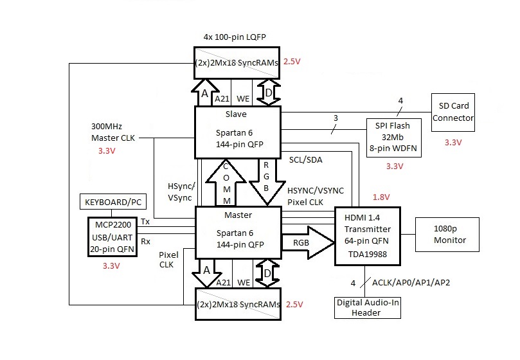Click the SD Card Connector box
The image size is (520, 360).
tap(453, 113)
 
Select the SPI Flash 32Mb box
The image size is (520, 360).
tap(393, 134)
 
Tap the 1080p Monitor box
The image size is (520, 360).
tap(449, 235)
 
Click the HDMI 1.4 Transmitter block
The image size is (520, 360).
tap(367, 237)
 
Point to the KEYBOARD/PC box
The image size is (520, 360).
tap(112, 203)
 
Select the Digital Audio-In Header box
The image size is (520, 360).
tap(367, 307)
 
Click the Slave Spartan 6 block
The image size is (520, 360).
tap(238, 132)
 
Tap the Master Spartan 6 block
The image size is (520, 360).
tap(238, 233)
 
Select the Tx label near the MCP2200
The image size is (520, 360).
tap(145, 221)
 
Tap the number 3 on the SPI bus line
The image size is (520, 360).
tap(335, 118)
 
